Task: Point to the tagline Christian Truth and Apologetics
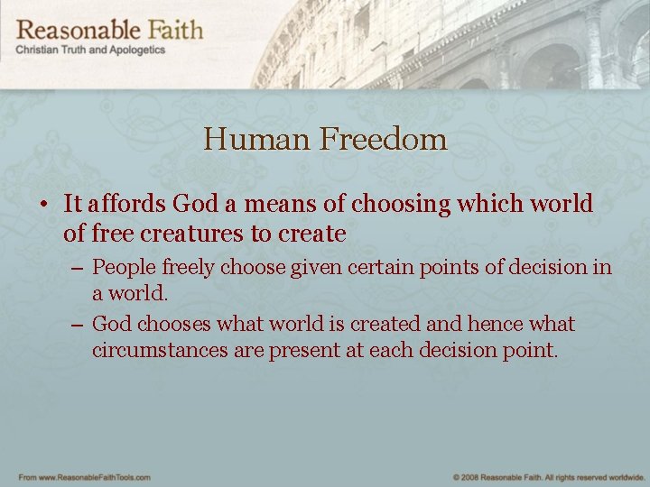(90, 51)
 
